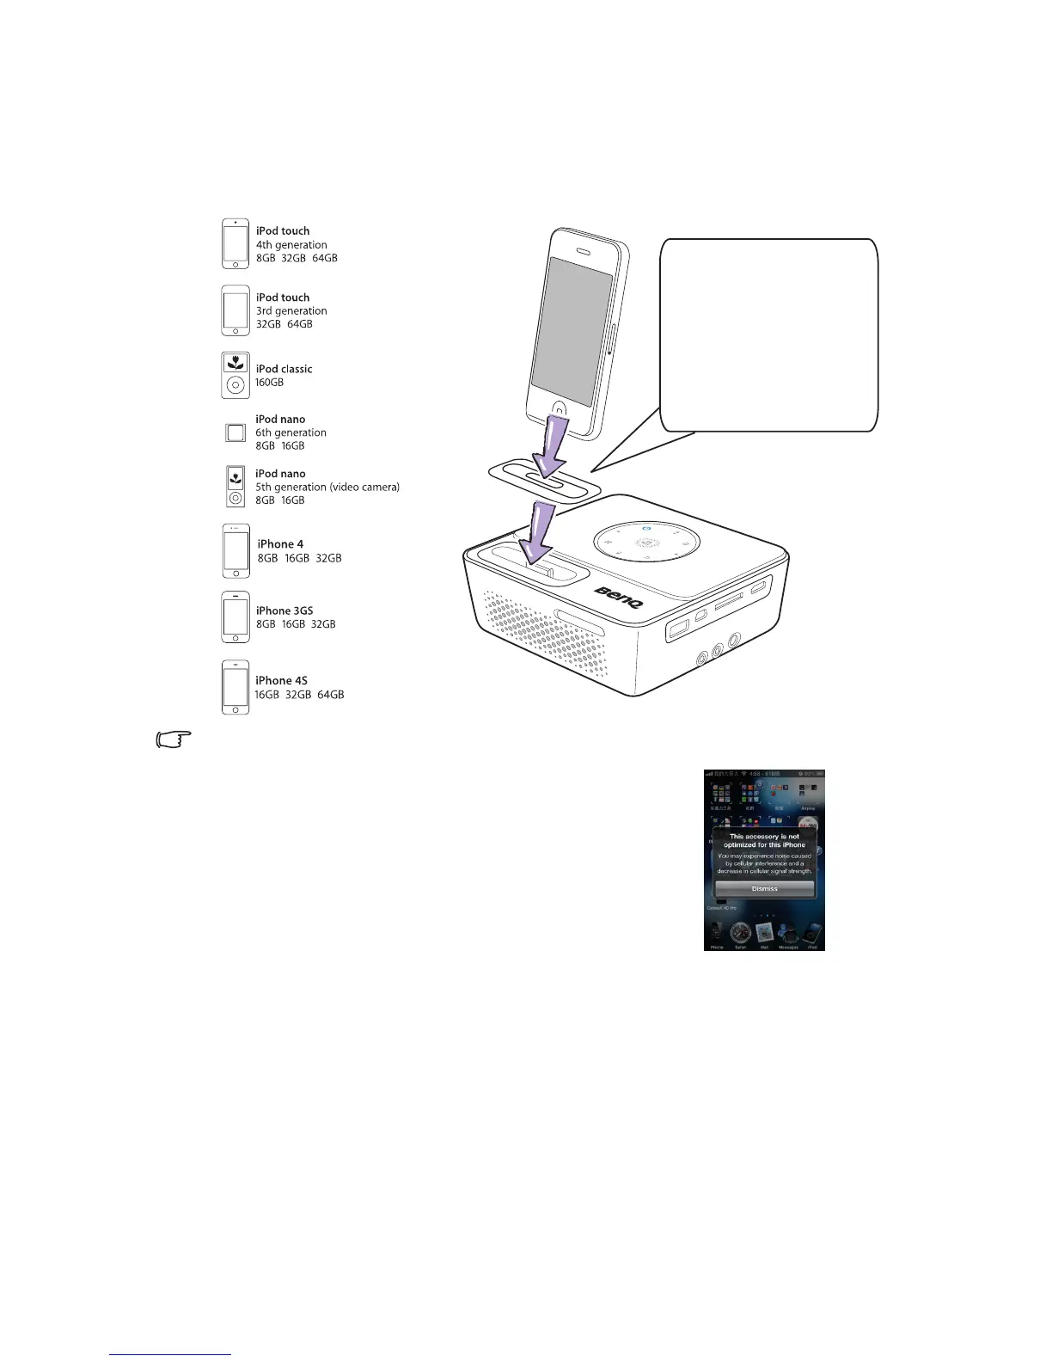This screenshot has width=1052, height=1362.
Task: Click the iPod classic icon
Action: coord(235,375)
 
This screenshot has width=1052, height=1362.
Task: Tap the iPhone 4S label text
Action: coord(281,680)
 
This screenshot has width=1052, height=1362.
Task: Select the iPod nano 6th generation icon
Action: coord(235,433)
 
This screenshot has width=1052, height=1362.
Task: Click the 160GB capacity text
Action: coord(269,383)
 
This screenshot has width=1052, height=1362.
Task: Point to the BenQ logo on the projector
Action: coord(619,596)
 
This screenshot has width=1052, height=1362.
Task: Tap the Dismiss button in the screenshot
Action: coord(764,888)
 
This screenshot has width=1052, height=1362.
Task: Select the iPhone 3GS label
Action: coord(284,610)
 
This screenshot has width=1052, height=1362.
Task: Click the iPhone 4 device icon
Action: coord(235,551)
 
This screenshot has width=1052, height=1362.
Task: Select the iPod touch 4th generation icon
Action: coord(235,243)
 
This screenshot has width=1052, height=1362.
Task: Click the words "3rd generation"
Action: coord(291,310)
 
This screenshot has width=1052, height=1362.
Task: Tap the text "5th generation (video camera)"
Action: coord(327,487)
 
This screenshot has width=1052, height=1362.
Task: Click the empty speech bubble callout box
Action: coord(768,334)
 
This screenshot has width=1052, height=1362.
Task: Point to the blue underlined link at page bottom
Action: coord(170,1355)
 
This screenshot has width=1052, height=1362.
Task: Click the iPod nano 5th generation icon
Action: coord(235,487)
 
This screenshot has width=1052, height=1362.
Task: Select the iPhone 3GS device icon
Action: coord(235,617)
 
